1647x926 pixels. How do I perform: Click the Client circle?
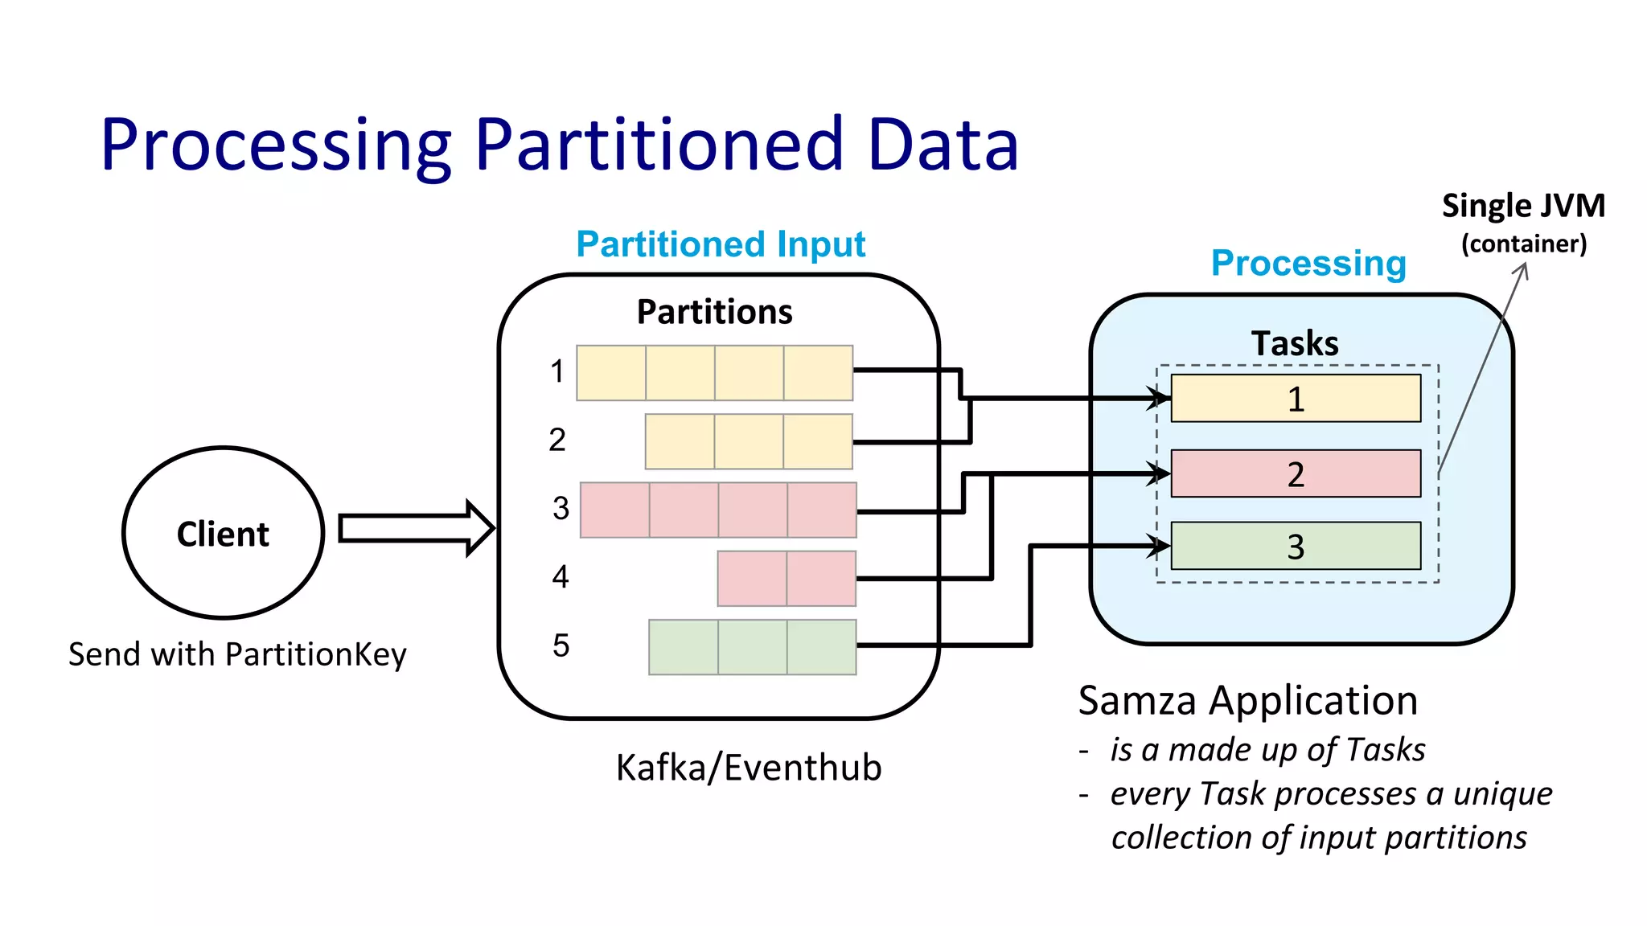point(223,533)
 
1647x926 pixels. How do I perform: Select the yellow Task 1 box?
point(1295,398)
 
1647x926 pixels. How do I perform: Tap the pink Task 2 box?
point(1295,473)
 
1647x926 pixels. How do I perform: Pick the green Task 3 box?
point(1295,546)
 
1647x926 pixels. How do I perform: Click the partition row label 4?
point(560,577)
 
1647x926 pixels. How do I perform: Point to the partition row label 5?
point(561,645)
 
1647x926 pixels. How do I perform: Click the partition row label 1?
point(557,372)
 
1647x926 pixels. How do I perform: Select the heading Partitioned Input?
point(721,244)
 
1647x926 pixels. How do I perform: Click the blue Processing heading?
point(1308,263)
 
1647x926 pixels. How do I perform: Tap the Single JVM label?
point(1522,206)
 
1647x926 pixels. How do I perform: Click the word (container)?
point(1523,244)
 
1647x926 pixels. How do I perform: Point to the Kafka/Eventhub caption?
point(748,768)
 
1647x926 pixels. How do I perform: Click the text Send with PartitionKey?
point(237,654)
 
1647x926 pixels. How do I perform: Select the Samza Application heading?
point(1247,700)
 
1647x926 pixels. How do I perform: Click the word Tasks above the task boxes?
point(1295,343)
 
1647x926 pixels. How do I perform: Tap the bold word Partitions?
point(714,312)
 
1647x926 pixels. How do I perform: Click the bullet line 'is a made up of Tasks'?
point(1267,750)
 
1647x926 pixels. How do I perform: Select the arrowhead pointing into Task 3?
point(1160,547)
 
